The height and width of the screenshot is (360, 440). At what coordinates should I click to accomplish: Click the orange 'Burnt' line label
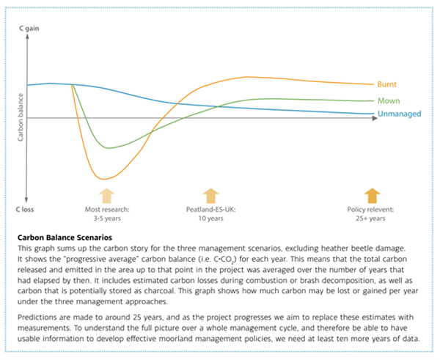point(386,84)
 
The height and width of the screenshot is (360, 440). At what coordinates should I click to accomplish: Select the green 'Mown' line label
point(389,100)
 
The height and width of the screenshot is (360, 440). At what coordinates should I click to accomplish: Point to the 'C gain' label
point(29,27)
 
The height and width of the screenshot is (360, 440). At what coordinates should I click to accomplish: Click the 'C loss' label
point(28,209)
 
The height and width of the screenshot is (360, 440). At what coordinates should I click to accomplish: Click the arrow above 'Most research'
point(107,195)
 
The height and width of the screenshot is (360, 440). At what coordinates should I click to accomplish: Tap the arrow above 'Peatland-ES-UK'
point(211,195)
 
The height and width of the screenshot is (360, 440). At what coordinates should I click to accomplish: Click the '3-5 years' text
point(106,218)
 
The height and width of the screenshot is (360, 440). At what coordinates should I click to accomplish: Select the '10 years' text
point(210,218)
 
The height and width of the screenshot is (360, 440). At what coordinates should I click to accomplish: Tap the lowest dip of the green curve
point(109,148)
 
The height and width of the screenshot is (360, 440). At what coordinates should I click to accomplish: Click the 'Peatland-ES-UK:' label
point(210,209)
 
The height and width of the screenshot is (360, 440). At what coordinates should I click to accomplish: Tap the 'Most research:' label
point(106,209)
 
